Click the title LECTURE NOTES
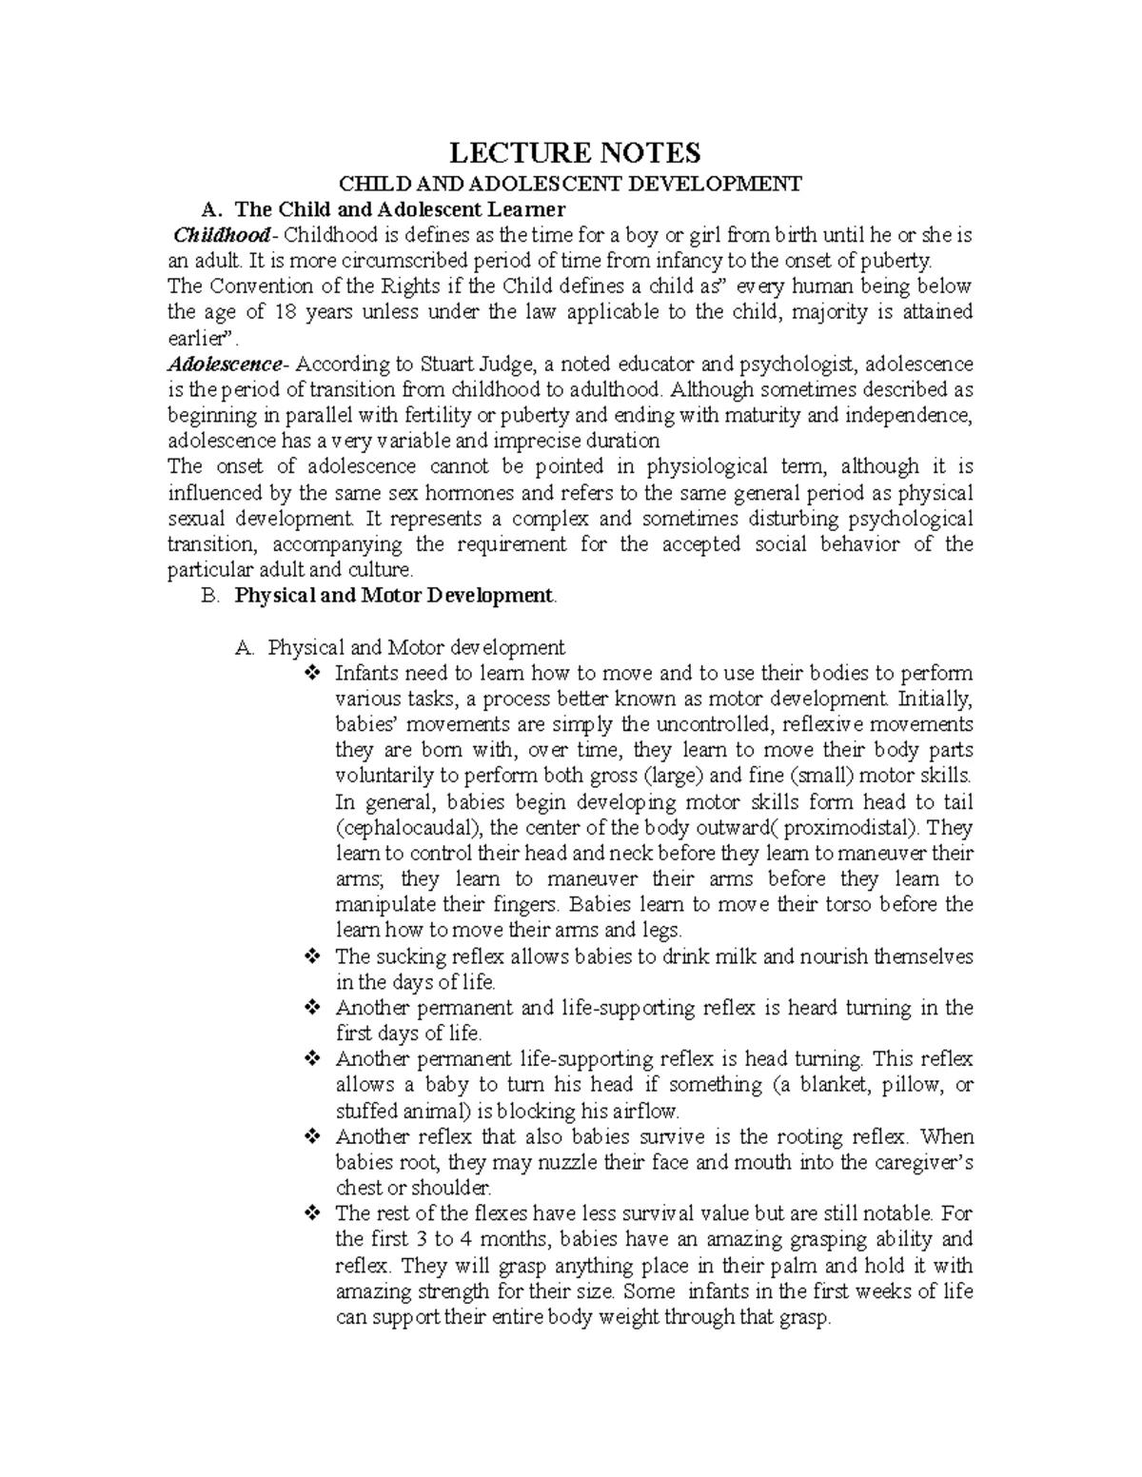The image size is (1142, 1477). tap(574, 152)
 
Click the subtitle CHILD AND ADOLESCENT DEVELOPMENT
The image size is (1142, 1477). tap(573, 184)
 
